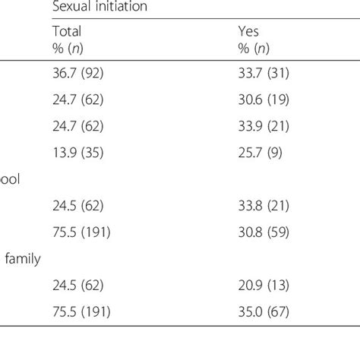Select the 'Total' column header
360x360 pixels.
(66, 32)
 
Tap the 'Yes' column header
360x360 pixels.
(249, 32)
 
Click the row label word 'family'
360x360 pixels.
(23, 258)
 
